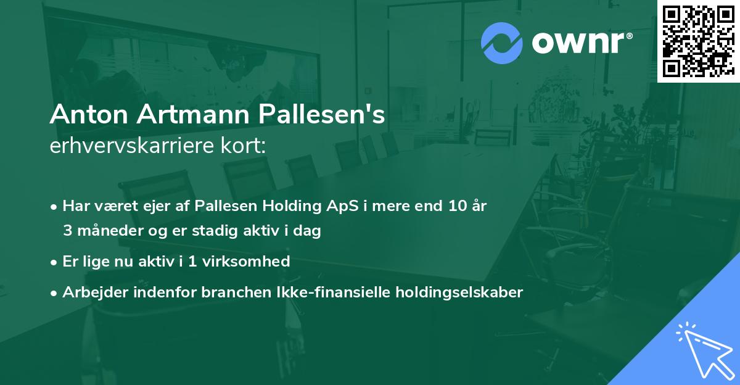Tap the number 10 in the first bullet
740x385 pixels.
456,206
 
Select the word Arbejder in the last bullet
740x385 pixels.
91,292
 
